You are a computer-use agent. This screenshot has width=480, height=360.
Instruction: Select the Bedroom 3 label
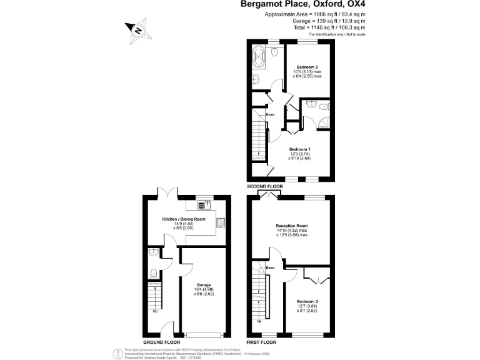click(307, 67)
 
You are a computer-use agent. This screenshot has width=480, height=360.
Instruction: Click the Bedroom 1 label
click(299, 149)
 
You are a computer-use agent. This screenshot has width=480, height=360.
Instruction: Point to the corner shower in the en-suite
click(321, 109)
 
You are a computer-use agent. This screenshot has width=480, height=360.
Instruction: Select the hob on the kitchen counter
click(221, 222)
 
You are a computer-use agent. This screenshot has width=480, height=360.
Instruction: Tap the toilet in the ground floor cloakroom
click(154, 272)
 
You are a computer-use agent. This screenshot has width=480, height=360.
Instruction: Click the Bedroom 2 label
click(308, 302)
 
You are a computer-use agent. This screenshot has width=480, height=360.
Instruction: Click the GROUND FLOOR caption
click(161, 342)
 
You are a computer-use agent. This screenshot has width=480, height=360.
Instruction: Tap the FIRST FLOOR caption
click(263, 342)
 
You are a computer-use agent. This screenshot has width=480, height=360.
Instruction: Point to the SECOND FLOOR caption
click(265, 186)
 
